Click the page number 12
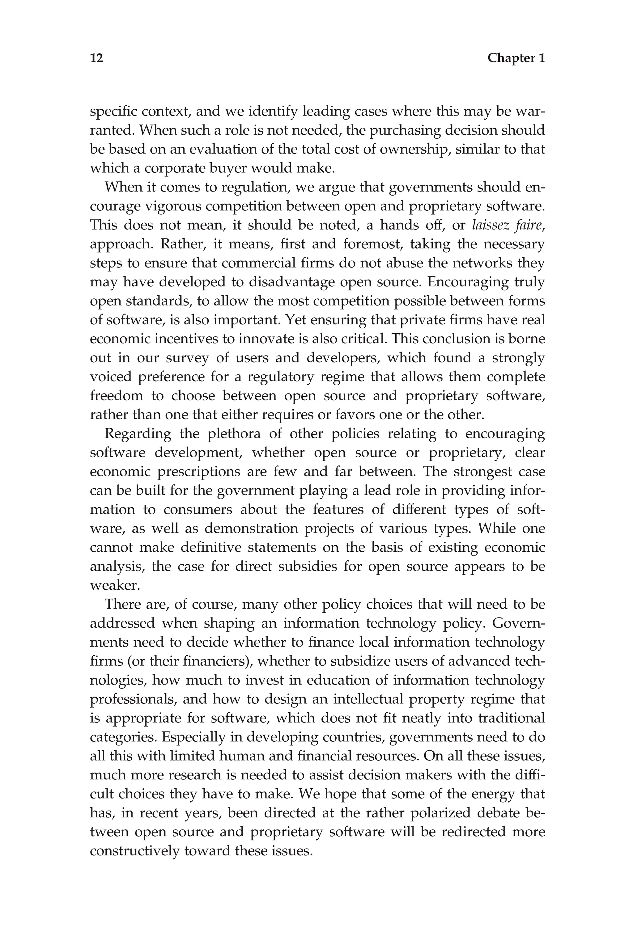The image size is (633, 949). pyautogui.click(x=96, y=58)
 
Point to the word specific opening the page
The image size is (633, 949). pyautogui.click(x=113, y=111)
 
